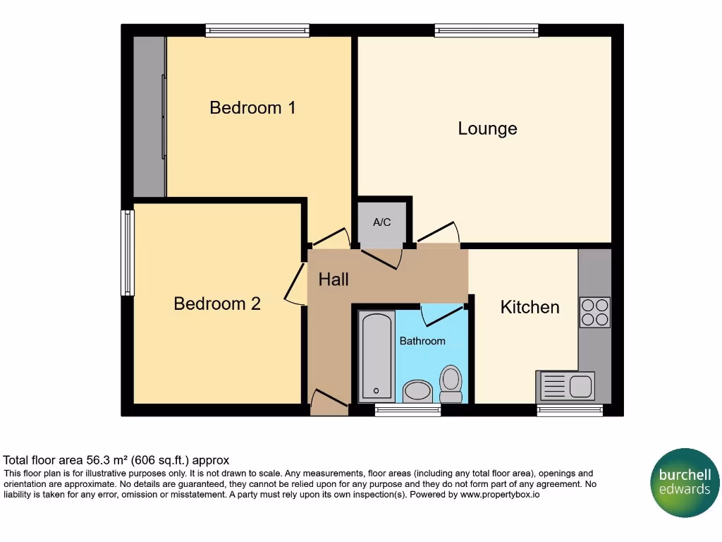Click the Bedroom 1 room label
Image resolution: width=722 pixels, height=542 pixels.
tap(252, 108)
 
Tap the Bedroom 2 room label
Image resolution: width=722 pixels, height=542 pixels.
tap(217, 303)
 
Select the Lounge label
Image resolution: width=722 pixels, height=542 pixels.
tap(487, 128)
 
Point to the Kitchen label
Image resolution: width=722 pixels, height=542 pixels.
tap(530, 307)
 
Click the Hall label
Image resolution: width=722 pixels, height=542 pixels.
tap(334, 279)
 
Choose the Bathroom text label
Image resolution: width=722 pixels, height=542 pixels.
tap(422, 341)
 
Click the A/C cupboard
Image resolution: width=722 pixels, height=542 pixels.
tap(382, 223)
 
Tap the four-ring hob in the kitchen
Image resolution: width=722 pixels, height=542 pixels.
tap(594, 312)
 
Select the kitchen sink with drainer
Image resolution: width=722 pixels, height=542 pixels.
tap(565, 386)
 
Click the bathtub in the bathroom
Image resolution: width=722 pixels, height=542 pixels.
tap(377, 356)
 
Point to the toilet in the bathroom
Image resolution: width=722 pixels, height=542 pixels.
tap(451, 383)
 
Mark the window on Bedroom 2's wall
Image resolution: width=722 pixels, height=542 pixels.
tap(128, 253)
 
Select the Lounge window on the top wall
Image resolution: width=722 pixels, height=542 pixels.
tap(487, 30)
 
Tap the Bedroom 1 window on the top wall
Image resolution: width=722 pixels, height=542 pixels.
tap(257, 30)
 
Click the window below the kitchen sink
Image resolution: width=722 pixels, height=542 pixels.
tap(570, 410)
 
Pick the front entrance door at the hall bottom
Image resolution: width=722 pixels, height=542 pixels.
tap(329, 404)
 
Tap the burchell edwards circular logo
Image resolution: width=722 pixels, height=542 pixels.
tap(684, 483)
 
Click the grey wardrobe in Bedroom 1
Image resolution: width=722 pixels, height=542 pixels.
tap(149, 116)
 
